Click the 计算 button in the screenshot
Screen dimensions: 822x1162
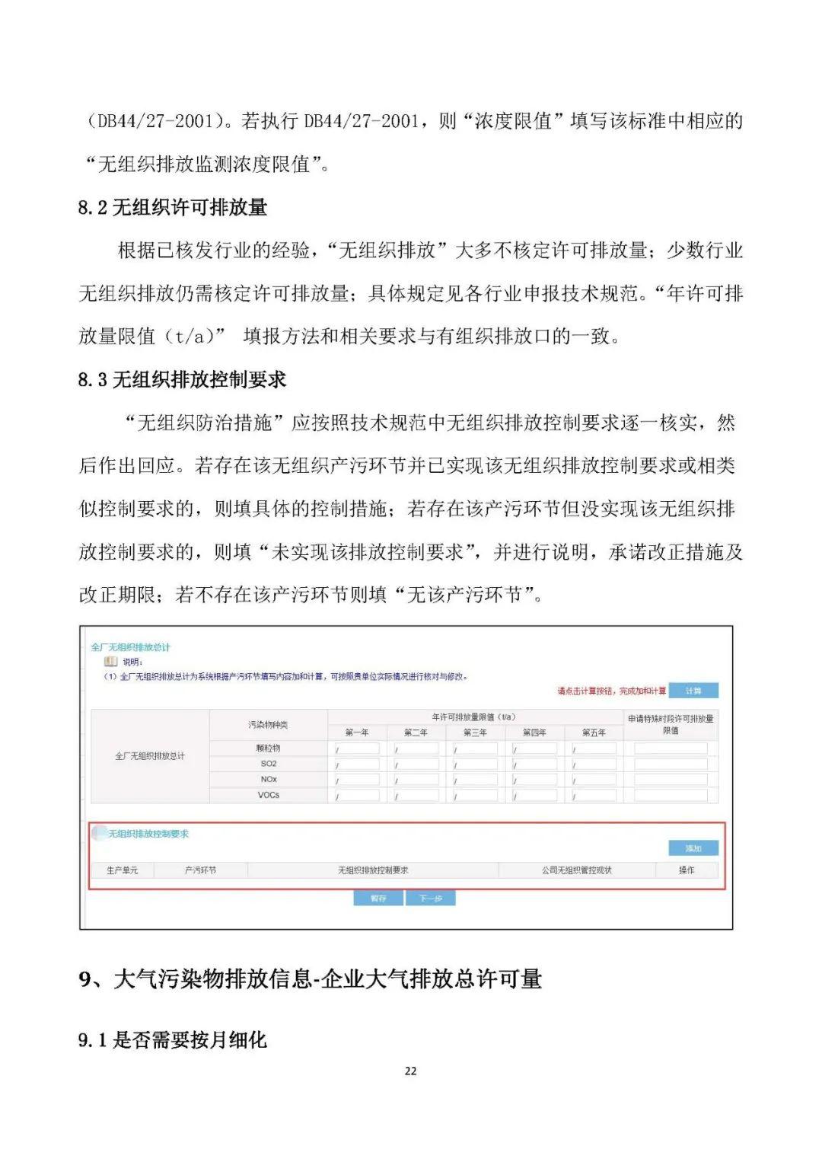click(693, 691)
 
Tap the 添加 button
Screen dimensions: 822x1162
click(693, 848)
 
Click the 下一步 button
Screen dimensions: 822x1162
click(431, 899)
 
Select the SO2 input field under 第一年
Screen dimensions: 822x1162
click(357, 764)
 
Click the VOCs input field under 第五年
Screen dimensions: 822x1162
click(594, 795)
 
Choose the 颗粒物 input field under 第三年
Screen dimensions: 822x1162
click(476, 749)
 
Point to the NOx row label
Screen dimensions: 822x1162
click(269, 779)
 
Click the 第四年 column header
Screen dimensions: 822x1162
click(534, 733)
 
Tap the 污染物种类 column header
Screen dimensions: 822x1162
click(268, 725)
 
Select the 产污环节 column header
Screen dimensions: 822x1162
click(200, 870)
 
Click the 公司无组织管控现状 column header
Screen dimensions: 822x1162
click(576, 870)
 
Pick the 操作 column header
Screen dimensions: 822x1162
click(687, 870)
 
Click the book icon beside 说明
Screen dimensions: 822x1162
click(111, 662)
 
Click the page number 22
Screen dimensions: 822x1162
click(411, 1071)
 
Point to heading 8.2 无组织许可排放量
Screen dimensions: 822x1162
click(173, 207)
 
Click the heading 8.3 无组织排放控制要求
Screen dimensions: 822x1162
click(182, 379)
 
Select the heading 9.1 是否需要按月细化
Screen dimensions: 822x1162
click(173, 1039)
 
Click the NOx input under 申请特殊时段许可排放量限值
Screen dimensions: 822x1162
click(671, 779)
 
